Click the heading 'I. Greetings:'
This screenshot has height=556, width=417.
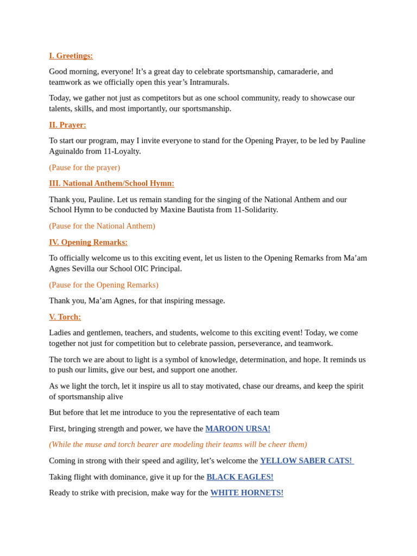pyautogui.click(x=71, y=56)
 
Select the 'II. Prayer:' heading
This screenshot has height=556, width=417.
pyautogui.click(x=67, y=125)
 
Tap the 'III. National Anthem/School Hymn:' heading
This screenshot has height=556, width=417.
pyautogui.click(x=111, y=184)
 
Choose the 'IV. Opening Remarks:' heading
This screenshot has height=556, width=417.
pyautogui.click(x=88, y=242)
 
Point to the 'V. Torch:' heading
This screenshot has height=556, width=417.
pyautogui.click(x=65, y=317)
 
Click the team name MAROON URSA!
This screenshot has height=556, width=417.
pyautogui.click(x=237, y=429)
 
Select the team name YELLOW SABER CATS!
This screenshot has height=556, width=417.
pyautogui.click(x=306, y=461)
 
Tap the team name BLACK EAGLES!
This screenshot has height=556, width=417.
pyautogui.click(x=239, y=477)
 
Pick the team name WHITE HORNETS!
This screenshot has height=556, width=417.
pyautogui.click(x=247, y=493)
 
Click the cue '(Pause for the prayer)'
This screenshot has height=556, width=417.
pyautogui.click(x=84, y=168)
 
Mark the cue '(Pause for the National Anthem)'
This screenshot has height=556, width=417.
pyautogui.click(x=102, y=226)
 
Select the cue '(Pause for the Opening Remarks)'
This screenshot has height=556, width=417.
pyautogui.click(x=103, y=285)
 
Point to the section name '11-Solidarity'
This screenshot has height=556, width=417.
pyautogui.click(x=255, y=210)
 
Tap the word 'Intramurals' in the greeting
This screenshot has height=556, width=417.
pyautogui.click(x=209, y=82)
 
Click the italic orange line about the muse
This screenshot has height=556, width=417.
pyautogui.click(x=178, y=445)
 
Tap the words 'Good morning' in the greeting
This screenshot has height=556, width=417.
pyautogui.click(x=72, y=72)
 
